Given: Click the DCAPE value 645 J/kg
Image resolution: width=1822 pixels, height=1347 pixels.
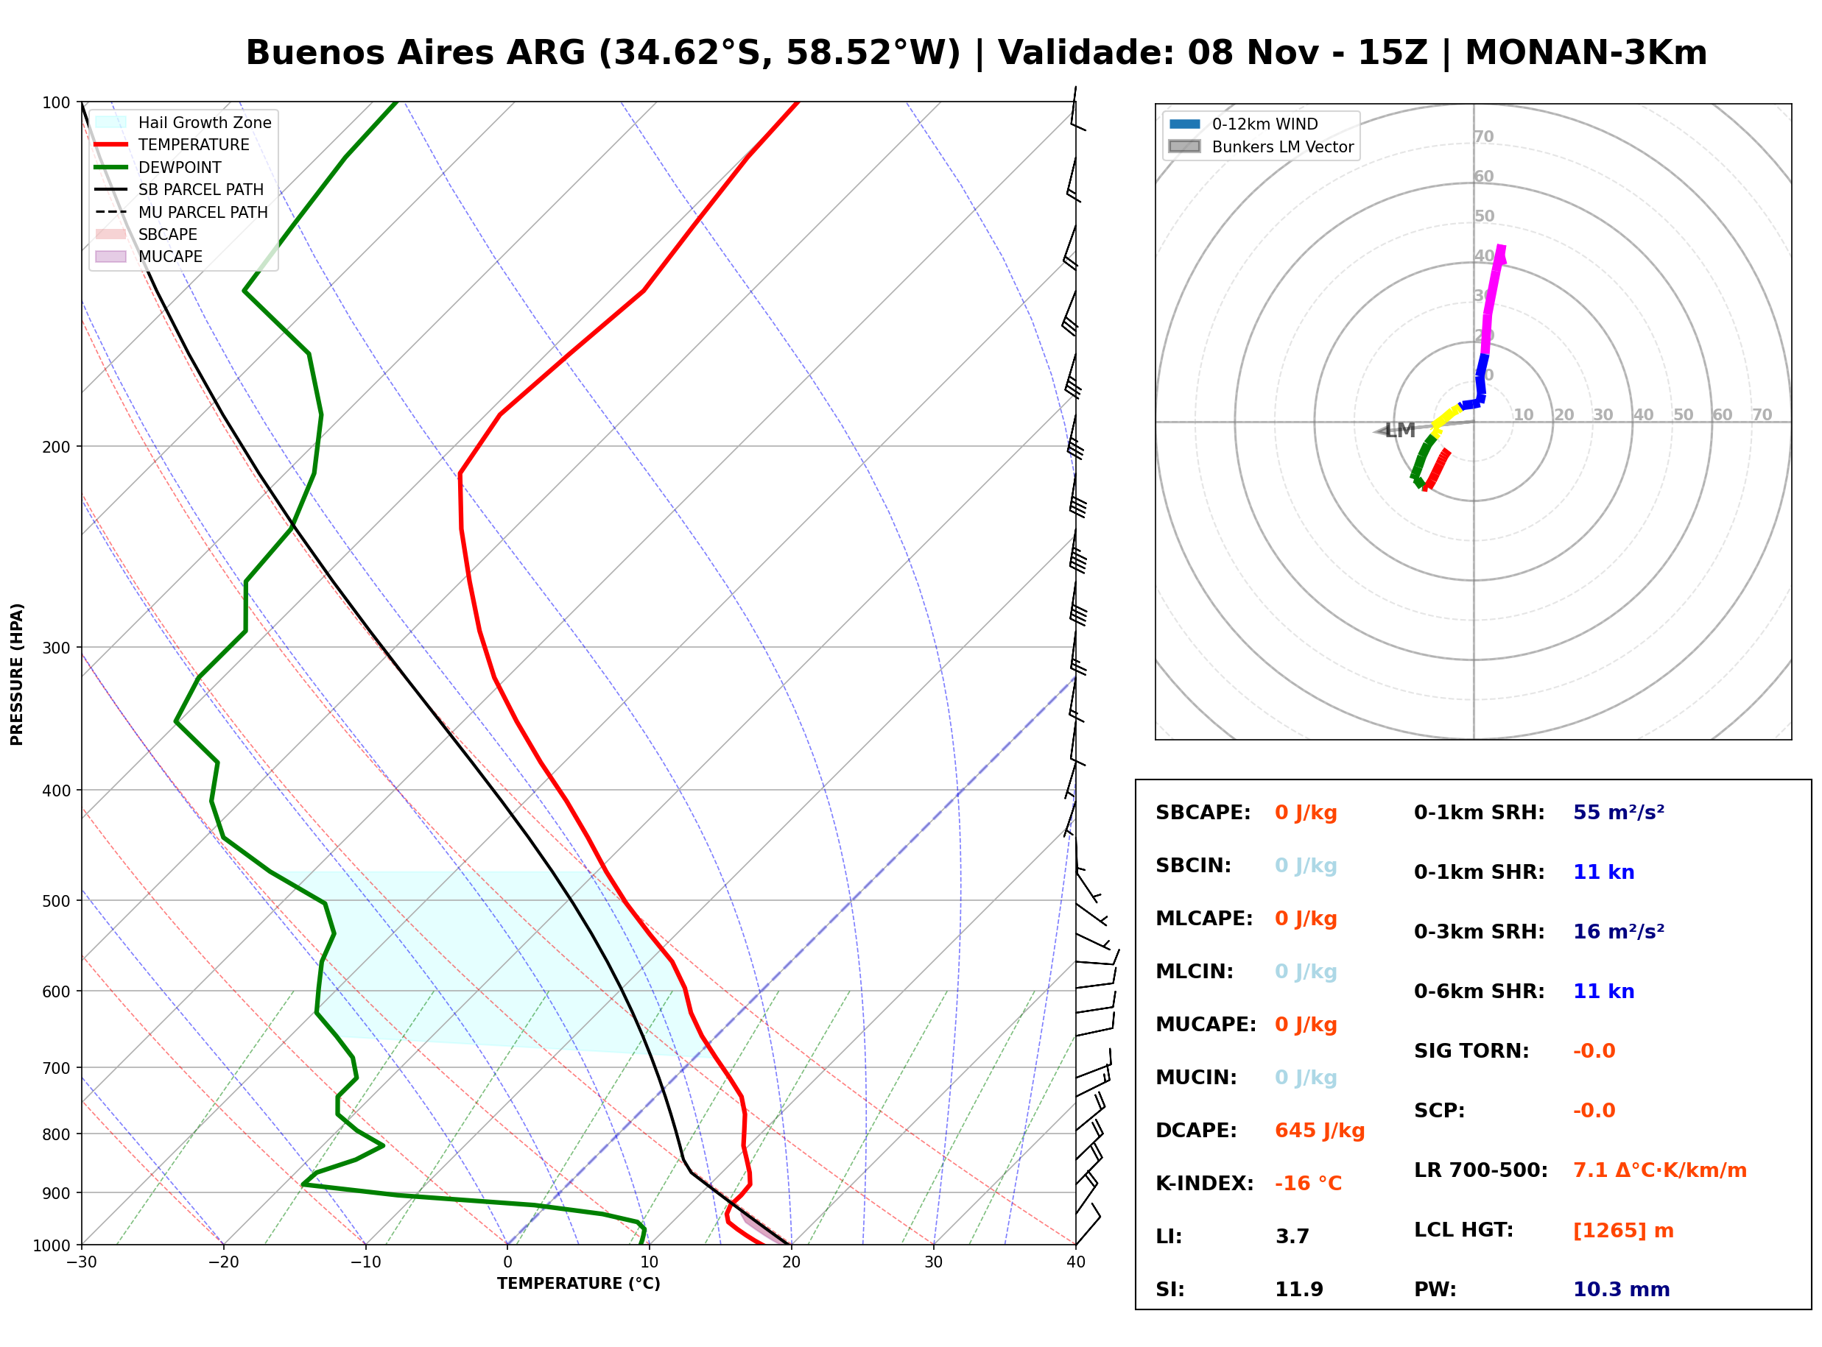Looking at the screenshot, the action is pyautogui.click(x=1319, y=1131).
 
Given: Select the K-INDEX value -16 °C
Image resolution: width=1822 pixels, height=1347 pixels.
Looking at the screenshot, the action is pyautogui.click(x=1307, y=1184).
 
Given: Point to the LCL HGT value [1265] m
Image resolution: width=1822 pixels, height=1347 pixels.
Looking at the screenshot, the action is pyautogui.click(x=1623, y=1231).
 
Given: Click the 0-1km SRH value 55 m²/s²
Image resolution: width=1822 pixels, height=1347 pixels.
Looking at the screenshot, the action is pyautogui.click(x=1618, y=812).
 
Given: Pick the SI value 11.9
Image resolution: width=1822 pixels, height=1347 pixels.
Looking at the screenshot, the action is pyautogui.click(x=1298, y=1290).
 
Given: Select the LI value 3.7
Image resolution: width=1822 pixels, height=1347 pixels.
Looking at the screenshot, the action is pyautogui.click(x=1292, y=1237).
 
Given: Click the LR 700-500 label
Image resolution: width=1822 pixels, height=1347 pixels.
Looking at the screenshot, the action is pyautogui.click(x=1480, y=1171).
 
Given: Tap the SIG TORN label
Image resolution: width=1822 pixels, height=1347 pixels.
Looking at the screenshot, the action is pyautogui.click(x=1471, y=1052).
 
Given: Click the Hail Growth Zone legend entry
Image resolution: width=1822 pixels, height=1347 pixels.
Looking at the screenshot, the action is pyautogui.click(x=183, y=122).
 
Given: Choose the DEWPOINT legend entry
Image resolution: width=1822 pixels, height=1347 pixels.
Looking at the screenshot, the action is pyautogui.click(x=158, y=167).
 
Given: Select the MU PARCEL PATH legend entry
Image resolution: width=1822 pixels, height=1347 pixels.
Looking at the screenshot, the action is pyautogui.click(x=181, y=212).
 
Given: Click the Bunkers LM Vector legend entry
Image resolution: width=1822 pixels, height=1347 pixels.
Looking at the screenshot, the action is pyautogui.click(x=1261, y=146).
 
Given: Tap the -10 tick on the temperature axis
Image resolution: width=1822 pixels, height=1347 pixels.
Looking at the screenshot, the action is pyautogui.click(x=365, y=1263).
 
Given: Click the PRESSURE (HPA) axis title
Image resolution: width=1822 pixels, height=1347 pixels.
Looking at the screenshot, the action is pyautogui.click(x=17, y=674).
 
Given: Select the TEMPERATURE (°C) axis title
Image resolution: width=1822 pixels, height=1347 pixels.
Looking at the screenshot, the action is pyautogui.click(x=578, y=1284).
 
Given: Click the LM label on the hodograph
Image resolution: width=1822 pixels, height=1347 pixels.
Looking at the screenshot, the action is pyautogui.click(x=1399, y=431).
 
